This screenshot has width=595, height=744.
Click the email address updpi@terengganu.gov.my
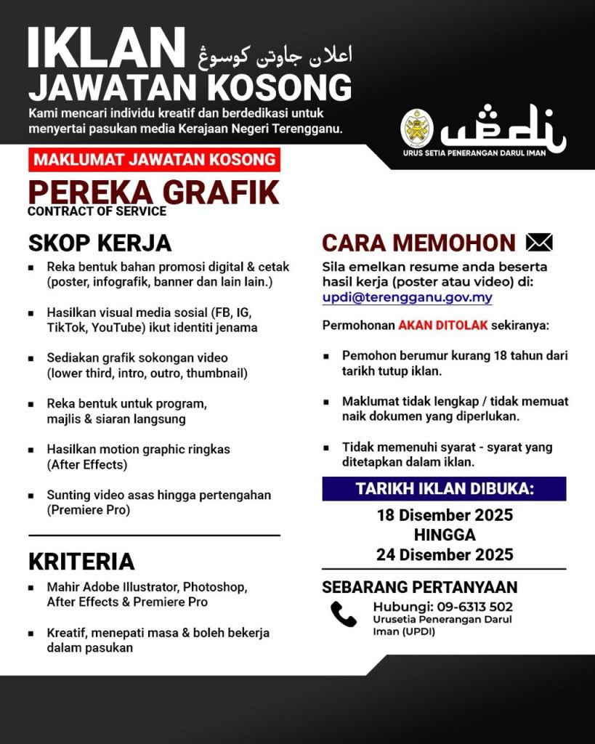coord(408,297)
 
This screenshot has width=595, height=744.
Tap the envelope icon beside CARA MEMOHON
coord(538,243)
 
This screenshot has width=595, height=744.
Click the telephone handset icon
coord(343,614)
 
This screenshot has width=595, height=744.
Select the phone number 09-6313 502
coord(477,606)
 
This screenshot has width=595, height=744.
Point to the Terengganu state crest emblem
coord(417,129)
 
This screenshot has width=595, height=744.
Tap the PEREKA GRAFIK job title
coord(153,192)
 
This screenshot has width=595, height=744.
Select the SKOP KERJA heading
coord(100,242)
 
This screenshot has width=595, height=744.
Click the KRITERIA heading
coord(81,561)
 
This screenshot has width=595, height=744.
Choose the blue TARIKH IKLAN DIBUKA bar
coord(444,489)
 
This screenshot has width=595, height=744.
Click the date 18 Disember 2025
coord(445,516)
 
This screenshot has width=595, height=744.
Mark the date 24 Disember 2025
coord(445,555)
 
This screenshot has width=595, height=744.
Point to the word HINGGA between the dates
coord(445,535)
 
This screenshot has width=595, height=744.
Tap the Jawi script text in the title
coord(275,54)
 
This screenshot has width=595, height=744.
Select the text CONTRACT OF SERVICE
coord(97,211)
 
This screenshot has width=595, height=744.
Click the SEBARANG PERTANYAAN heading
coord(420,587)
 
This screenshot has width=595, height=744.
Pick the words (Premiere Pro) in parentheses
coord(88,510)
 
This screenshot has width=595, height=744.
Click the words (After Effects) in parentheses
coord(87,464)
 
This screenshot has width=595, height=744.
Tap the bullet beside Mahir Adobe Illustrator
coord(31,587)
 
